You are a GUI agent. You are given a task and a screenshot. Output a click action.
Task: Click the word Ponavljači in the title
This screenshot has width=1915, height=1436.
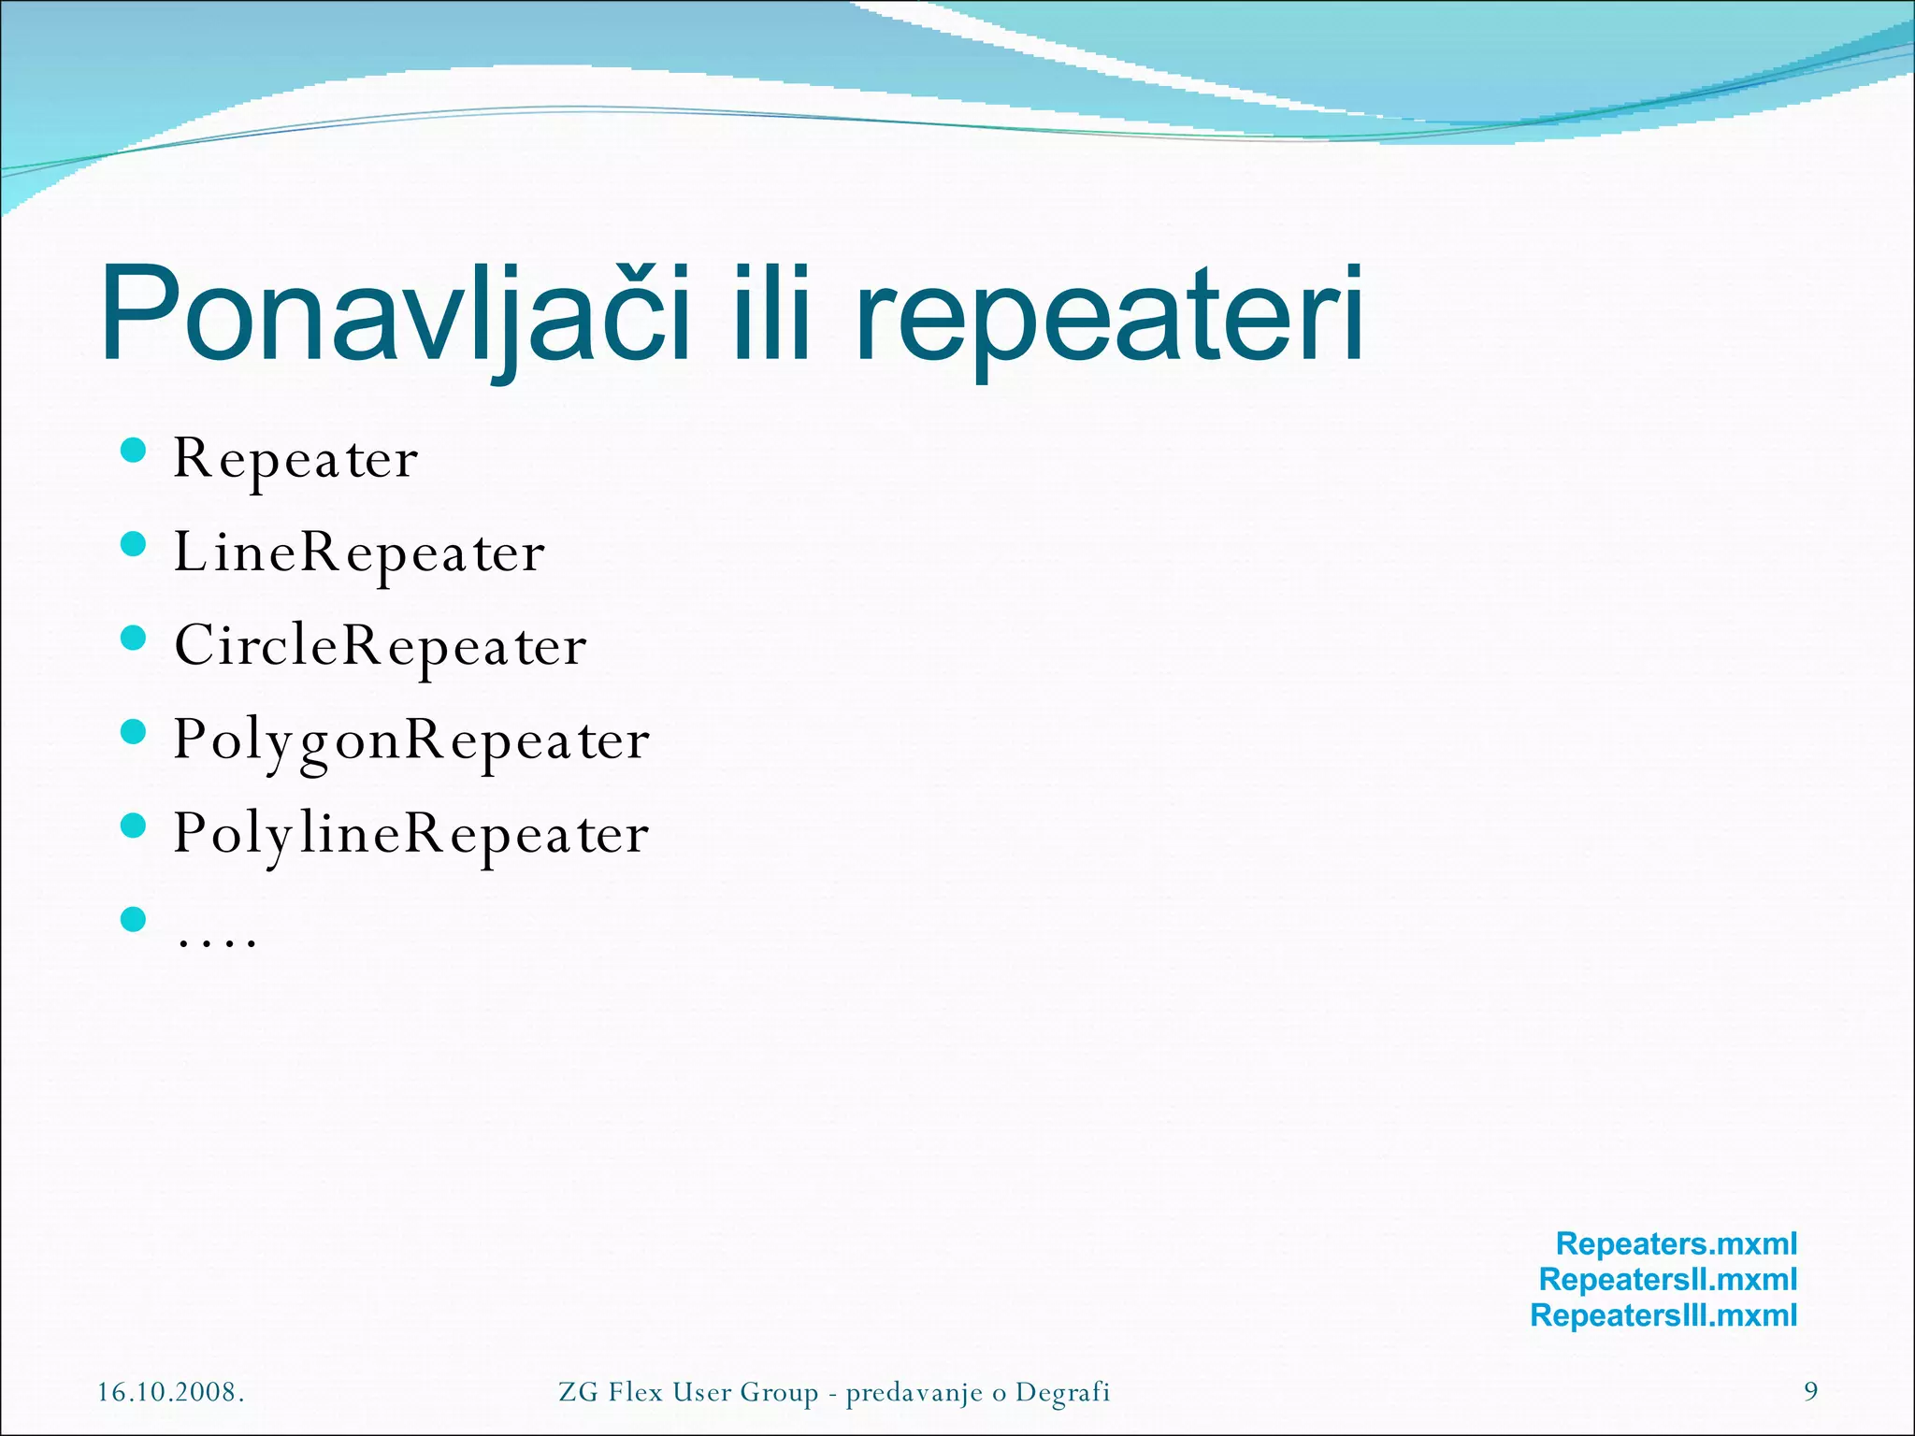393,313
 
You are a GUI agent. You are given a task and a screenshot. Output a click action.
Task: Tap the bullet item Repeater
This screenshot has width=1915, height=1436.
295,460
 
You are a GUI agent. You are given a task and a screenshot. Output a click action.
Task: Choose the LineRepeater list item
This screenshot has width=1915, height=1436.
359,553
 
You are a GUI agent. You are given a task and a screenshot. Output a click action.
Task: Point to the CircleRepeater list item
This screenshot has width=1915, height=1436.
380,646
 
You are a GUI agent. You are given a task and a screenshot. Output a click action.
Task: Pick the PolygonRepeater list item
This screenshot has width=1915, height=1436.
411,740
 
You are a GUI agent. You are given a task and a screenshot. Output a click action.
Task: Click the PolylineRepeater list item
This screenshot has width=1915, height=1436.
411,834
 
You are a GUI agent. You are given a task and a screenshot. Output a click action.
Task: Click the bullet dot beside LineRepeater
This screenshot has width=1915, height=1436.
134,544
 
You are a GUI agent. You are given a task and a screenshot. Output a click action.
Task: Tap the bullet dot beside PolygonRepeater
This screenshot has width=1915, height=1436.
134,731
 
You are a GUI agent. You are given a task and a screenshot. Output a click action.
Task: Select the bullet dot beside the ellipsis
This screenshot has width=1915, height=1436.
134,919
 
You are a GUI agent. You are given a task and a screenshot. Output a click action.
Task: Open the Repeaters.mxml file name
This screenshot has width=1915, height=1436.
1676,1244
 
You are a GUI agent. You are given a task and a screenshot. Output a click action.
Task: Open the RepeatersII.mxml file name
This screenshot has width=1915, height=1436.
1667,1280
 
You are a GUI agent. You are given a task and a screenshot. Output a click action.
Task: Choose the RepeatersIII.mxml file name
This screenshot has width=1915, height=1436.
1663,1315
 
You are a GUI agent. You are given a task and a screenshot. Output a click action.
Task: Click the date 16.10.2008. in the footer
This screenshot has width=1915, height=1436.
171,1392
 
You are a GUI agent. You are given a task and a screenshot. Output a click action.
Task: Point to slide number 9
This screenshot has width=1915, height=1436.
1810,1392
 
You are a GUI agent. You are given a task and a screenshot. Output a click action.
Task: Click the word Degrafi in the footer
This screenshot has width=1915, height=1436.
1062,1392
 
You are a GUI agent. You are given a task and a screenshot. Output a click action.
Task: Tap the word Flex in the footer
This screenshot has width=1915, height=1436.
636,1392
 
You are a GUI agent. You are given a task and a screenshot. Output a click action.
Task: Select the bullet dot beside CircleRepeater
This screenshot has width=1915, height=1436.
134,638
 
